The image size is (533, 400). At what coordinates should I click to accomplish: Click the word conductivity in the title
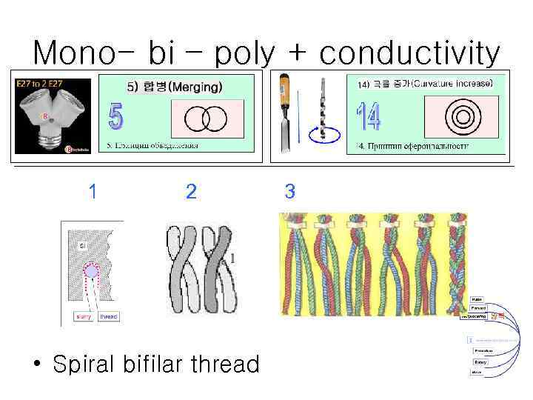coord(410,53)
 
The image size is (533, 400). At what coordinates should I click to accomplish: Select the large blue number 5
coord(117,117)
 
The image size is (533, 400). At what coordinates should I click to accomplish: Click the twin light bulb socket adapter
coord(52,115)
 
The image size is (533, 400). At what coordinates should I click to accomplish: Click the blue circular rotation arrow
coord(323,136)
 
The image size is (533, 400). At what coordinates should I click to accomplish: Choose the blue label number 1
coord(92,193)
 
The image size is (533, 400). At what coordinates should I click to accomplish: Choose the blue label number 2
coord(191,193)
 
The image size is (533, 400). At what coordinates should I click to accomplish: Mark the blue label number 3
coord(289,193)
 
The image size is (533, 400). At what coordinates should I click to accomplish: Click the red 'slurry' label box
coord(84,316)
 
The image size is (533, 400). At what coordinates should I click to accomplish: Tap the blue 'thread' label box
coord(107,316)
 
